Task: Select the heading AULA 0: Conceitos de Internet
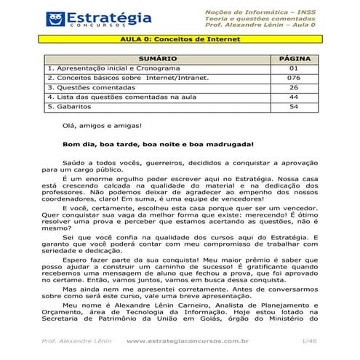[x=180, y=41]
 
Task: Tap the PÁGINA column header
[x=293, y=57]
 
